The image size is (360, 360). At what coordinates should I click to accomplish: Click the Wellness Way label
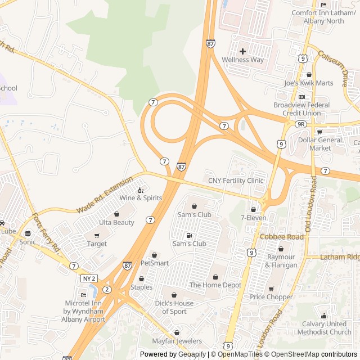(x=242, y=60)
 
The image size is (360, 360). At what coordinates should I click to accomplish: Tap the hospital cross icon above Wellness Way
(x=242, y=51)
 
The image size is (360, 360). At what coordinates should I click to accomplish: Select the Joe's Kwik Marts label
(x=308, y=83)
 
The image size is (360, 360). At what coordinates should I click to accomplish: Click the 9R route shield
(x=301, y=124)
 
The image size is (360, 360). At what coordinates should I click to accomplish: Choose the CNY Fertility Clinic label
(x=236, y=181)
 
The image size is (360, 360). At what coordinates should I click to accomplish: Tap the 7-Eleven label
(x=253, y=218)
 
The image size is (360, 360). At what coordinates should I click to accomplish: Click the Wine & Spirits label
(x=140, y=198)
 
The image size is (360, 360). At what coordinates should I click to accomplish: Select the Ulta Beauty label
(x=116, y=222)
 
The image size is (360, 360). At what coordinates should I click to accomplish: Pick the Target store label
(x=97, y=244)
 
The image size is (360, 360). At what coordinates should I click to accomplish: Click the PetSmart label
(x=154, y=263)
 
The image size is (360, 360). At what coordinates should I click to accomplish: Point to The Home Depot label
(x=215, y=285)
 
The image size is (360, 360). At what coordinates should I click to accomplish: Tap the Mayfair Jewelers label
(x=177, y=341)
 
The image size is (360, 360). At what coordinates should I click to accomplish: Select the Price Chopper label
(x=271, y=297)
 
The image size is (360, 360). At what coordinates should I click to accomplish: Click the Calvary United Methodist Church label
(x=324, y=327)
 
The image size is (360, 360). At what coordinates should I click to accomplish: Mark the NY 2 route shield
(x=89, y=278)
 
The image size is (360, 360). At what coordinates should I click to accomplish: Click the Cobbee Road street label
(x=281, y=237)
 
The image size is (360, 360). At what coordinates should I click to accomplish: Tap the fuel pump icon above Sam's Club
(x=188, y=235)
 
